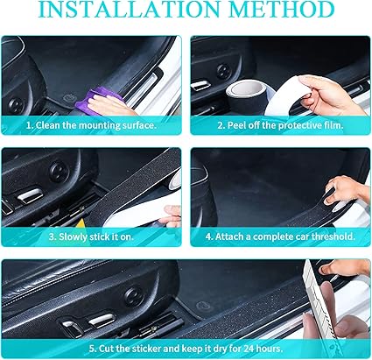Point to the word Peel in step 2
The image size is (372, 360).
[x=235, y=125]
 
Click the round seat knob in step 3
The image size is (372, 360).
[x=60, y=171]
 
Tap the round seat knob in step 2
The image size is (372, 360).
[x=224, y=71]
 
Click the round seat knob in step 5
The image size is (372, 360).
[x=135, y=296]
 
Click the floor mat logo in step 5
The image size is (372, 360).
[x=203, y=307]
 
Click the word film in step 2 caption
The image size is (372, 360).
[x=334, y=125]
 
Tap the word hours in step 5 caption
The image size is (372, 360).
[x=269, y=349]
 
